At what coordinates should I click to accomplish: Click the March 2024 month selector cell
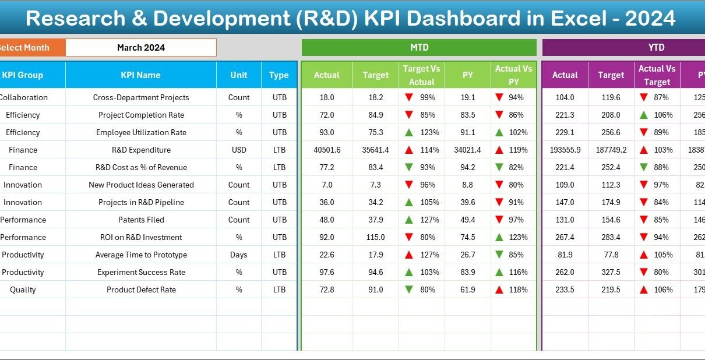[141, 48]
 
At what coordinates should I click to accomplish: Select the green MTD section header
[419, 48]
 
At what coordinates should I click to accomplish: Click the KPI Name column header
[140, 75]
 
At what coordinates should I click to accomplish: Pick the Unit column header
[239, 75]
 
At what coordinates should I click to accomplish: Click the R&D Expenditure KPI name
[140, 150]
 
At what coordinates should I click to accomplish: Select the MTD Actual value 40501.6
[327, 150]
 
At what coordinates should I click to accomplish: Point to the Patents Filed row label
[140, 220]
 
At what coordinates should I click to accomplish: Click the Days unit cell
[239, 255]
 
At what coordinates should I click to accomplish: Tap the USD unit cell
[239, 150]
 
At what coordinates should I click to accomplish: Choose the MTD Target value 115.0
[375, 237]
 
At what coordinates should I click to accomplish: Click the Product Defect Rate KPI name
[140, 290]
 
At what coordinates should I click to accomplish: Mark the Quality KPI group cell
[23, 290]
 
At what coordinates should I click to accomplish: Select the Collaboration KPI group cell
[23, 97]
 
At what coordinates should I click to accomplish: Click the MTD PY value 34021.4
[467, 150]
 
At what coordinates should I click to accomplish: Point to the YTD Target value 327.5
[611, 272]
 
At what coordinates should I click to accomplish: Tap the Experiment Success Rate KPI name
[140, 272]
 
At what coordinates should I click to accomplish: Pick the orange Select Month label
[25, 48]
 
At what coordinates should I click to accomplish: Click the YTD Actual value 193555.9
[565, 150]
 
